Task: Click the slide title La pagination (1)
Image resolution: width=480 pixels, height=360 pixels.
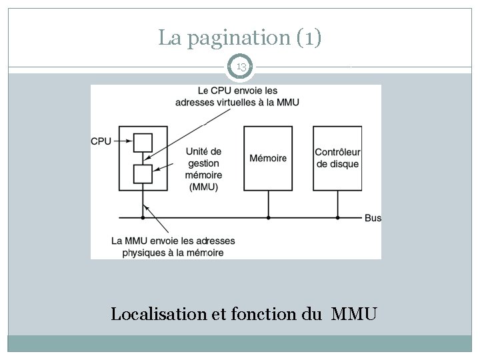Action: click(x=240, y=38)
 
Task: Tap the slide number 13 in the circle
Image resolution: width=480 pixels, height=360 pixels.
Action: click(x=240, y=67)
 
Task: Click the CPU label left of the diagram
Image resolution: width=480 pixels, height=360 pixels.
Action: click(x=101, y=141)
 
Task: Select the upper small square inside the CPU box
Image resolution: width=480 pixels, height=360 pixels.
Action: click(x=143, y=143)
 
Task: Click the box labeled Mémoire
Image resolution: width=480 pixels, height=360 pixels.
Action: click(x=268, y=158)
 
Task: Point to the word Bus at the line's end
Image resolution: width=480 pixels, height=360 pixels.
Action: click(x=373, y=218)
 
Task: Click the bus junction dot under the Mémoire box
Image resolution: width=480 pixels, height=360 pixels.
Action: click(x=268, y=217)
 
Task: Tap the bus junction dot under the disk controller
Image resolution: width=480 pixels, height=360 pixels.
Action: click(x=337, y=217)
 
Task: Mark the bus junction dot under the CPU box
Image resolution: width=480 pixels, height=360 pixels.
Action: click(x=143, y=217)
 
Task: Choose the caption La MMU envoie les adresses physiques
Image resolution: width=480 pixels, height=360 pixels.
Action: click(x=173, y=246)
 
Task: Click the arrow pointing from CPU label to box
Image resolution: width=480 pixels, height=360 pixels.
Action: click(x=123, y=141)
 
